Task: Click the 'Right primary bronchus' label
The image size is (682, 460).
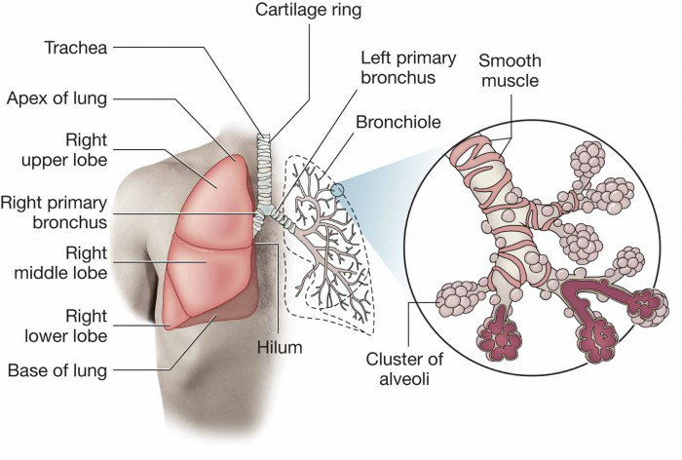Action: [x=68, y=212]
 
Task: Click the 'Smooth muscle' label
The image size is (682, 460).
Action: [x=509, y=71]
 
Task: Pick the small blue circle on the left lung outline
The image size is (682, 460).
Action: [x=337, y=190]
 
